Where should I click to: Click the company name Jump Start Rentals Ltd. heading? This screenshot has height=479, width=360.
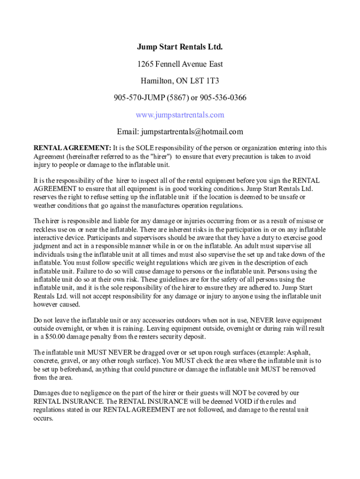pos(180,47)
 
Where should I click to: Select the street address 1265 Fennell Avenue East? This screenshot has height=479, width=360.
pos(180,64)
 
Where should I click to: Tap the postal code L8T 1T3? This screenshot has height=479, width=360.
pos(206,81)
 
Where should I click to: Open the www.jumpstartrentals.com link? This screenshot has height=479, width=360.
pos(180,115)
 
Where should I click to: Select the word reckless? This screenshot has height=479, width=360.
pos(45,230)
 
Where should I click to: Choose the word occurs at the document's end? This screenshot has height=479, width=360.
pos(43,418)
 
